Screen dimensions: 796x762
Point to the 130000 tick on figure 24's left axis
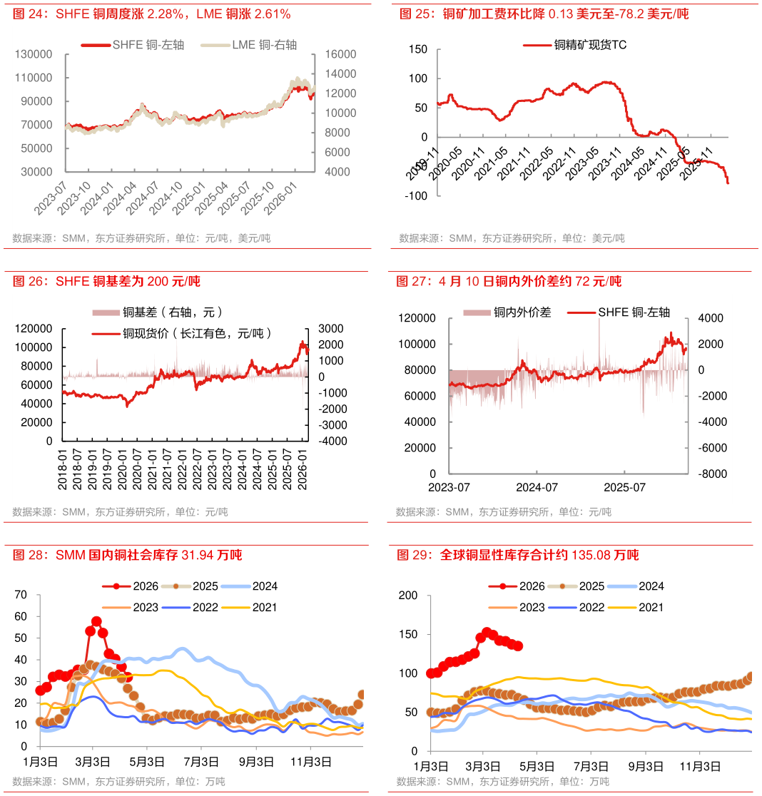point(34,54)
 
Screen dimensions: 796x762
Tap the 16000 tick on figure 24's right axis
point(340,54)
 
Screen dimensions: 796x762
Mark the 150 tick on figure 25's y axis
point(418,49)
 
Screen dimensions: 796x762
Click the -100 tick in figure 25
point(415,196)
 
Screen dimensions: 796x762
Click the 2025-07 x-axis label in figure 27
point(624,487)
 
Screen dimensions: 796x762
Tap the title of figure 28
point(128,555)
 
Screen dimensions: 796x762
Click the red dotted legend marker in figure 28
point(116,586)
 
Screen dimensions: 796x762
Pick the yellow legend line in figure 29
point(621,608)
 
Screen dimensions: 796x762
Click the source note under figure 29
point(503,781)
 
